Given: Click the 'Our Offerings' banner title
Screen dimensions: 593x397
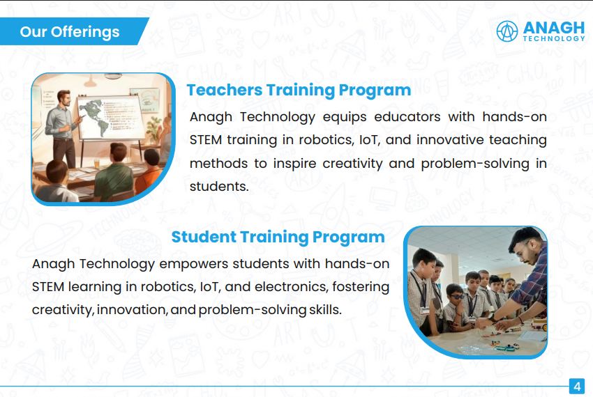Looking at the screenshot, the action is tap(70, 32).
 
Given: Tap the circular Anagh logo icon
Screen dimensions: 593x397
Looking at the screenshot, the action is tap(506, 31).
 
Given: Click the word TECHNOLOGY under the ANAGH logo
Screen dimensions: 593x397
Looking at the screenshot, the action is tap(554, 38).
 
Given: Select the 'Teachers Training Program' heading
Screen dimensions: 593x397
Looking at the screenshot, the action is tap(299, 91).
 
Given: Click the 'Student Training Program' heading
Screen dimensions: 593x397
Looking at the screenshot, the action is tap(278, 238).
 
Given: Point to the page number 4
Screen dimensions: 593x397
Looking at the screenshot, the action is tap(577, 387).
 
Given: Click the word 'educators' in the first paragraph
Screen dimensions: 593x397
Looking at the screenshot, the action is tap(407, 117).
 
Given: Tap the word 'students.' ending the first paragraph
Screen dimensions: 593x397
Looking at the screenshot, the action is tap(219, 186).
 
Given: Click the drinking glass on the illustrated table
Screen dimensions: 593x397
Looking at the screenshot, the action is tap(96, 164).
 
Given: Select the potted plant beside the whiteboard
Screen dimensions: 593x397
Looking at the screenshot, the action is tap(154, 128).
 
